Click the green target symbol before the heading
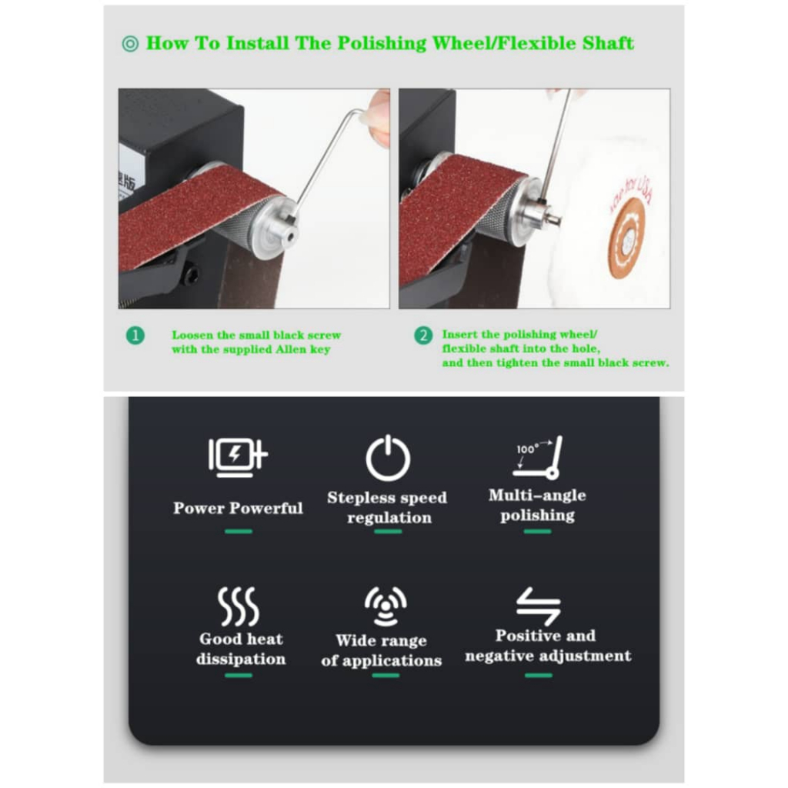click(x=130, y=44)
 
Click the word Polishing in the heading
click(x=382, y=44)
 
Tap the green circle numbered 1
click(x=135, y=336)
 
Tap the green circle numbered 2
click(x=423, y=336)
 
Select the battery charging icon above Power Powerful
click(x=238, y=457)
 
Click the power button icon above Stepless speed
click(x=388, y=458)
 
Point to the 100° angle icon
click(x=537, y=457)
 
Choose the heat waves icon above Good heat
click(x=239, y=606)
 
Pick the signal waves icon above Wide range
click(x=386, y=606)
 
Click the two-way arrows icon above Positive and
click(x=538, y=606)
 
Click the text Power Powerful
click(x=239, y=508)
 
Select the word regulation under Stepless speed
click(x=389, y=518)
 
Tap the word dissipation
click(x=241, y=659)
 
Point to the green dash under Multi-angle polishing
click(x=537, y=531)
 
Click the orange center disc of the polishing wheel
click(x=626, y=239)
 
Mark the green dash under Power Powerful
click(x=239, y=531)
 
